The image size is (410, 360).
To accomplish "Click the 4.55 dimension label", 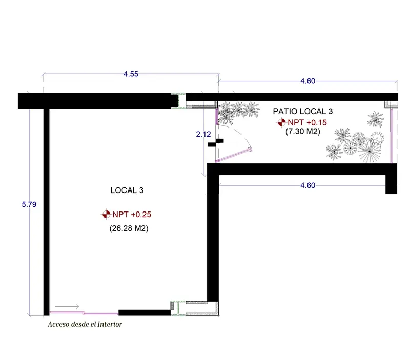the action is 131,74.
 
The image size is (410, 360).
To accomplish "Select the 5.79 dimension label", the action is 29,204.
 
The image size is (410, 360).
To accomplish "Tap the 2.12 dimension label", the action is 203,134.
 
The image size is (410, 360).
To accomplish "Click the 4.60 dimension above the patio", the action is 308,81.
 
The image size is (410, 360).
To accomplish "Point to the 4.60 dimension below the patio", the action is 308,185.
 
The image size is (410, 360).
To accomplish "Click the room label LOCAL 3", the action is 127,190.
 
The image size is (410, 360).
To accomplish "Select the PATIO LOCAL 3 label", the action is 303,111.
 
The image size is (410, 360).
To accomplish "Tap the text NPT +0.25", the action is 132,215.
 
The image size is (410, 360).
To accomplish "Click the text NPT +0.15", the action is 307,122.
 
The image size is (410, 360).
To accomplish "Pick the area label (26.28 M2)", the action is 129,228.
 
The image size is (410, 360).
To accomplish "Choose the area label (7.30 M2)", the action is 303,131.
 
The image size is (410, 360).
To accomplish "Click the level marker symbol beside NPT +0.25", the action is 106,214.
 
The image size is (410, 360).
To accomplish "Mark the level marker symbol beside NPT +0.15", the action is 281,122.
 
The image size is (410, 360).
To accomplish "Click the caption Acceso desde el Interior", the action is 85,324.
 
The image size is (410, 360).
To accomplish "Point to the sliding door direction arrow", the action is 67,307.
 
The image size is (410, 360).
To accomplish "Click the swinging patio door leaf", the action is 234,155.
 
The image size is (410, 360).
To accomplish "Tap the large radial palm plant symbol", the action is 369,150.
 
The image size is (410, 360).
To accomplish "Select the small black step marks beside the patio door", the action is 216,143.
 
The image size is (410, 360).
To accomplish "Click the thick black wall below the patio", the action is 302,169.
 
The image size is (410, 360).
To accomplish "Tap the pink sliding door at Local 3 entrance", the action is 84,313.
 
